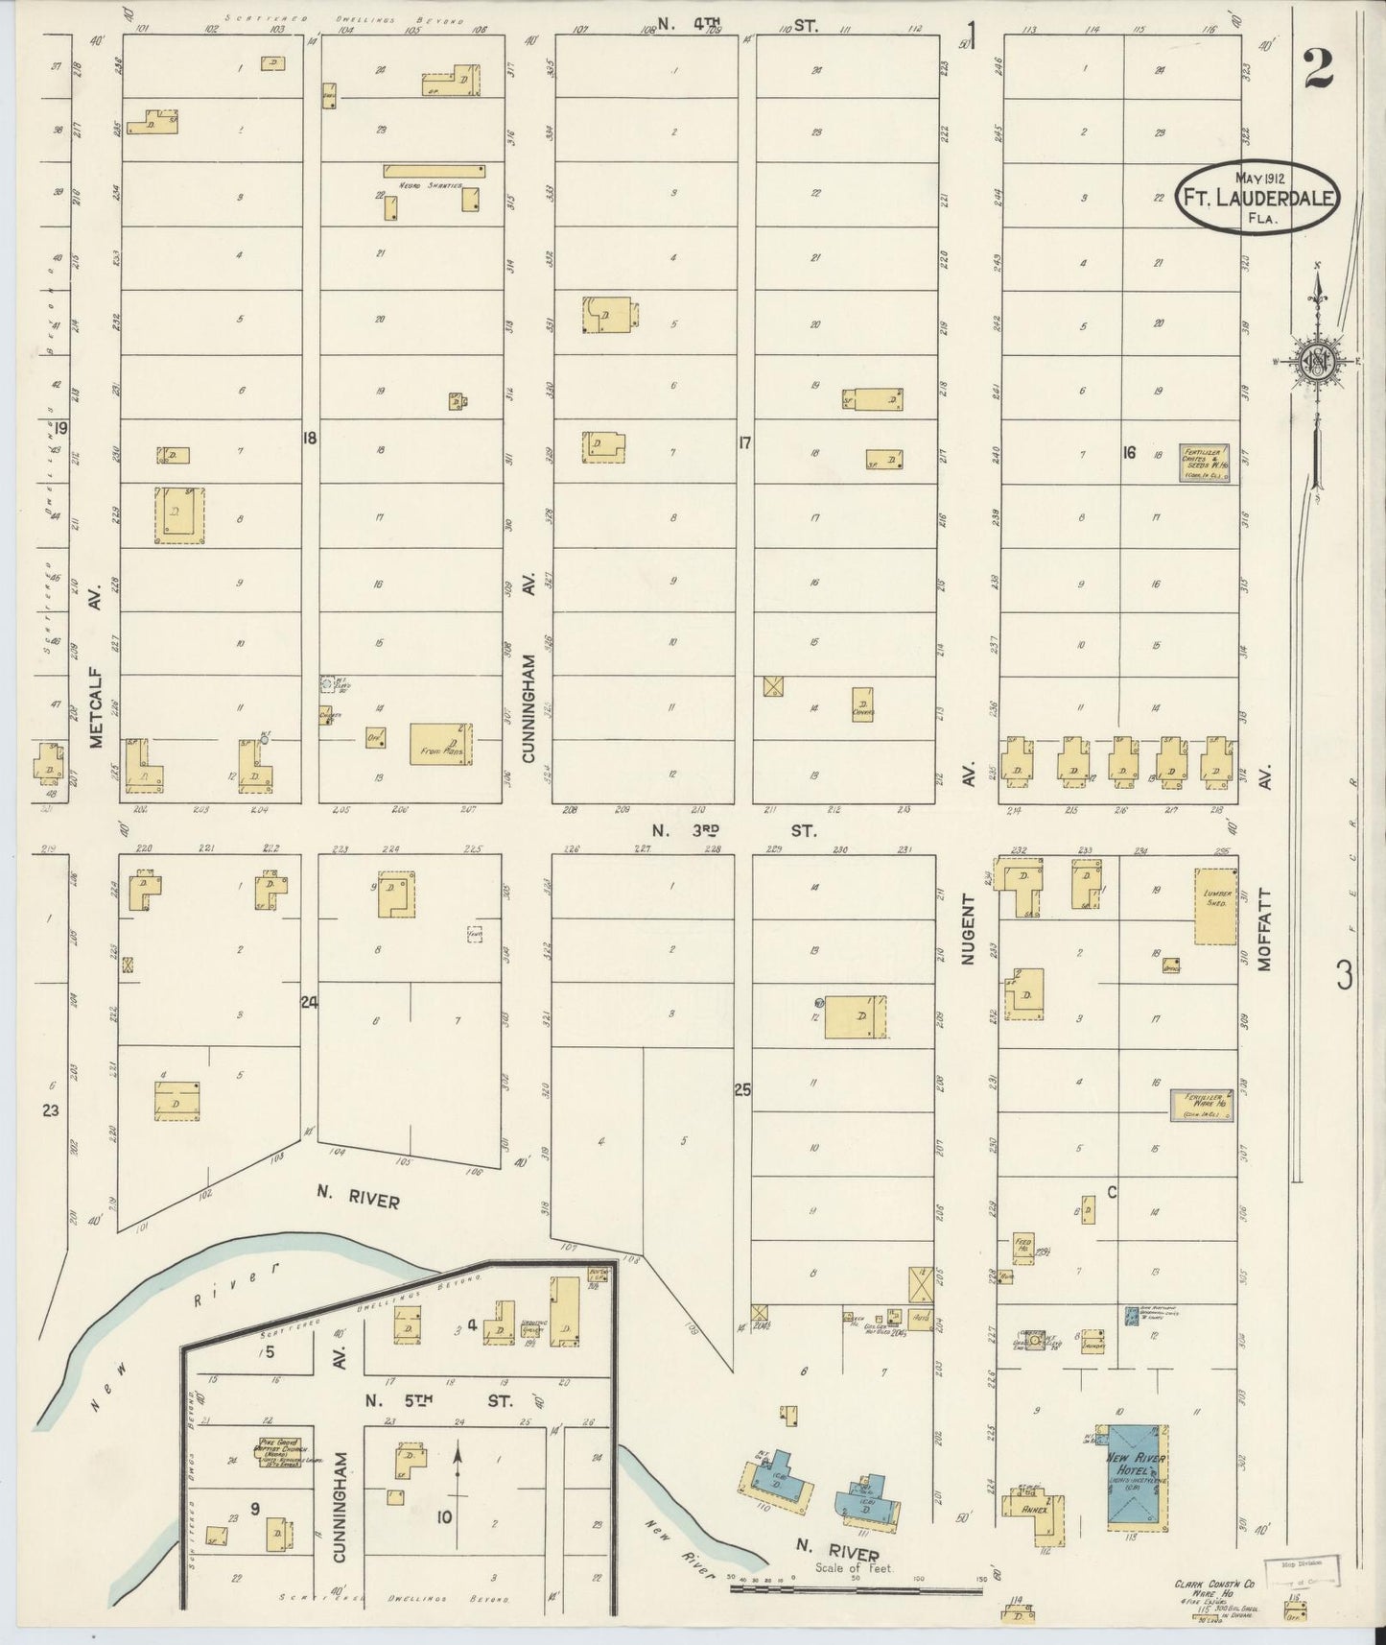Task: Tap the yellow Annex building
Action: (1037, 1515)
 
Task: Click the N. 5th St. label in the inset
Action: (437, 1400)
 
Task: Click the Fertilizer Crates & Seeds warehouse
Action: (1204, 464)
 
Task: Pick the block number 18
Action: (309, 439)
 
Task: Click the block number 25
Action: (742, 1089)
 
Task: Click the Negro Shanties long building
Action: (435, 171)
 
